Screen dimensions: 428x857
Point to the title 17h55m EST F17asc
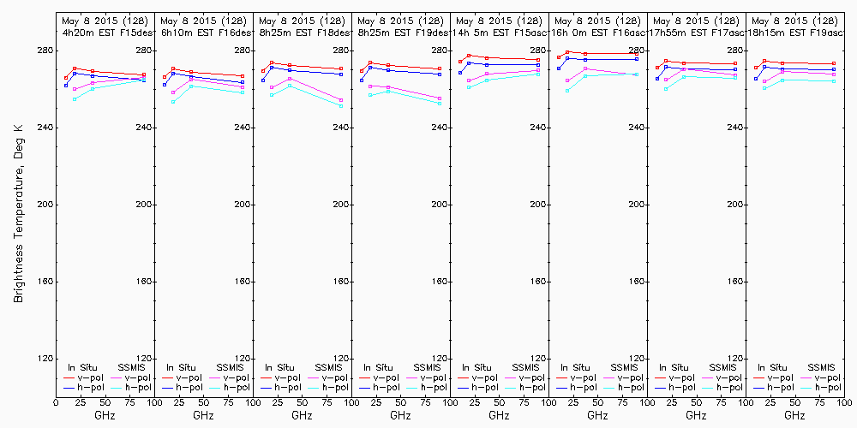coord(696,32)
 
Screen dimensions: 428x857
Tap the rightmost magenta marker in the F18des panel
coord(341,100)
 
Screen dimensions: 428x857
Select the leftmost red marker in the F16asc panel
coord(559,57)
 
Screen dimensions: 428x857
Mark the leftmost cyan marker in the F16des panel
coord(173,102)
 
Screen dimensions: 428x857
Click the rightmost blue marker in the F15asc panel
coord(538,64)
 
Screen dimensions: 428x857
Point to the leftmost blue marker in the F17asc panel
coord(657,79)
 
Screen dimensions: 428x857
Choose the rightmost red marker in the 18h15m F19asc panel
coord(834,63)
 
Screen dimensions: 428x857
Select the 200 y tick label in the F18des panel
coord(344,205)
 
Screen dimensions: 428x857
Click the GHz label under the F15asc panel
coord(499,415)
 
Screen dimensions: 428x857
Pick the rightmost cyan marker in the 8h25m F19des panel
coord(440,104)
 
